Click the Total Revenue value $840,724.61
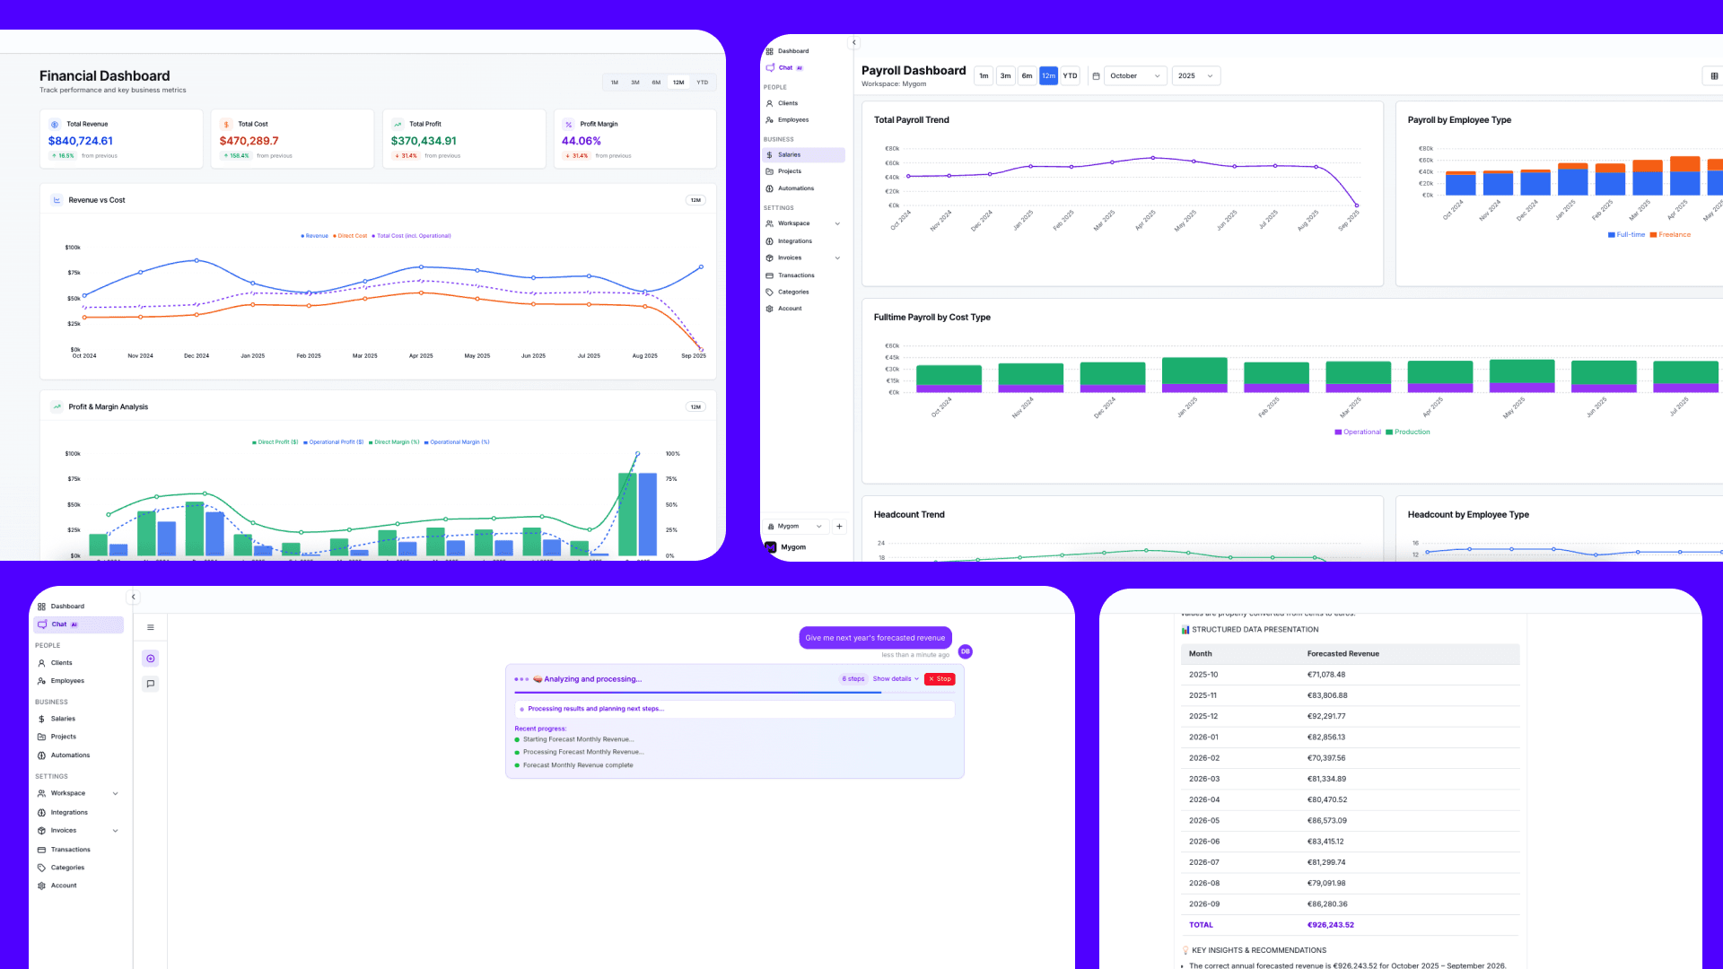click(81, 141)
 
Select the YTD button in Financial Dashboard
click(702, 83)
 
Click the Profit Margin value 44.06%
click(581, 141)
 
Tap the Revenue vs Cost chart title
click(97, 200)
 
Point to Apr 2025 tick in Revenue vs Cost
click(421, 356)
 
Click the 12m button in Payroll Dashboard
click(1048, 76)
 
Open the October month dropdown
click(1134, 76)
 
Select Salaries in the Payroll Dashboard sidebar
click(789, 155)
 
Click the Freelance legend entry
click(1674, 235)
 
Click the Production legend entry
click(1412, 432)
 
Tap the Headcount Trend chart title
click(909, 515)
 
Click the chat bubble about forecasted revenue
click(875, 638)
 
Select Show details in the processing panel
click(895, 679)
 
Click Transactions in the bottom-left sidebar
click(70, 850)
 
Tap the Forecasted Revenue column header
click(1343, 654)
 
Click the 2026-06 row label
click(1203, 842)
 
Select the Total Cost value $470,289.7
click(249, 141)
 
